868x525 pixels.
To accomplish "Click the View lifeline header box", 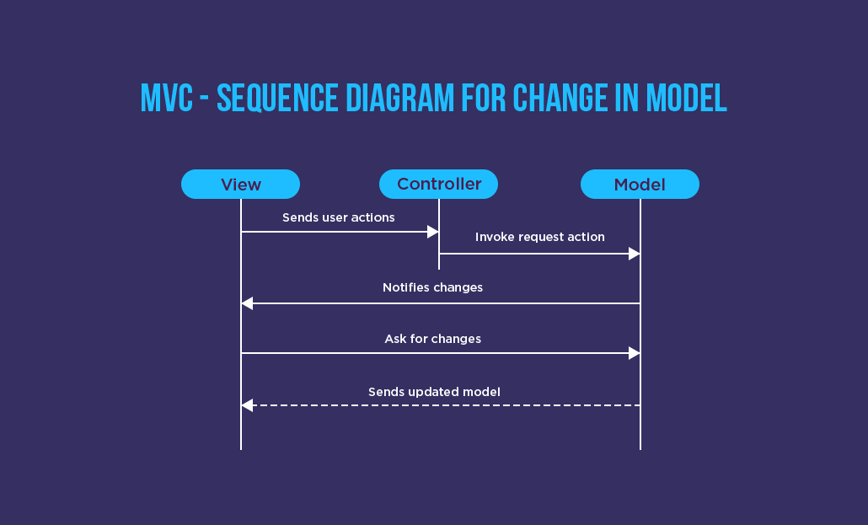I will tap(240, 184).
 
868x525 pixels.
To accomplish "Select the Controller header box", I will tap(438, 184).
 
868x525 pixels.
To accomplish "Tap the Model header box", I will tap(640, 184).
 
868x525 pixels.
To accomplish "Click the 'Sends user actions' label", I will tap(338, 217).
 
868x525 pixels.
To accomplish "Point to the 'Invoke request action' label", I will tap(539, 237).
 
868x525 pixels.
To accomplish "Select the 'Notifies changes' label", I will tap(432, 287).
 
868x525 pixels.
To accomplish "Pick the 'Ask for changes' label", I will tap(432, 339).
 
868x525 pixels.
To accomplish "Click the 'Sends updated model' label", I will tap(434, 392).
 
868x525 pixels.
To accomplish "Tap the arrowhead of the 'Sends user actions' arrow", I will tap(433, 232).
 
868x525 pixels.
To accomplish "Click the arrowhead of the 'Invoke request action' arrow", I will tap(635, 254).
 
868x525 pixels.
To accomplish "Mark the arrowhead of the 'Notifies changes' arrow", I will tap(247, 303).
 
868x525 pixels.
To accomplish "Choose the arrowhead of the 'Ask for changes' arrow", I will tap(635, 353).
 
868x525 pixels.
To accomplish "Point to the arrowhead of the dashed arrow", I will tap(247, 405).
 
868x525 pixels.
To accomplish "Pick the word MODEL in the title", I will tap(686, 98).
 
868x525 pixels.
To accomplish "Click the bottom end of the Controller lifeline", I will tap(439, 267).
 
